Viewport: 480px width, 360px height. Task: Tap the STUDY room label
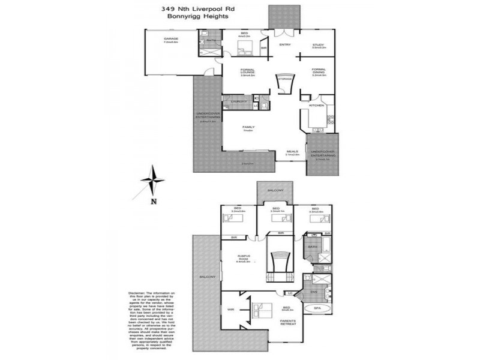click(x=318, y=46)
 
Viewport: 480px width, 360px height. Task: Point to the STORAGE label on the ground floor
click(x=284, y=79)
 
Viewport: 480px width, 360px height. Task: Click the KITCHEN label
click(x=316, y=105)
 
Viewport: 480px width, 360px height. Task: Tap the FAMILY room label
click(x=247, y=128)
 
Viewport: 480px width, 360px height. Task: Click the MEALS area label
click(x=292, y=152)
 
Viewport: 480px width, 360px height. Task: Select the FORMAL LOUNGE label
click(x=247, y=71)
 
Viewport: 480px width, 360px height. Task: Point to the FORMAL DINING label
click(x=318, y=71)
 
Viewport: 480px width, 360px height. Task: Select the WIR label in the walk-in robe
click(x=230, y=310)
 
